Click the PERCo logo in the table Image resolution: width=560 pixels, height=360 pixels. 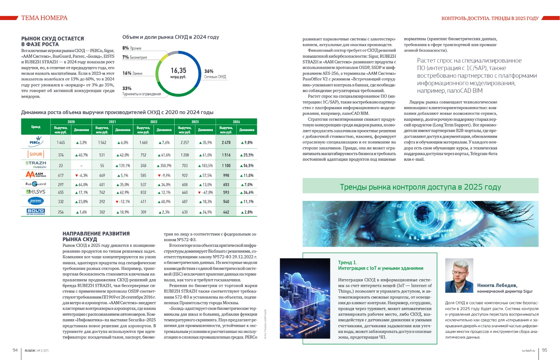[36, 141]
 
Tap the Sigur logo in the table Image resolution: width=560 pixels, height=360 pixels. [36, 154]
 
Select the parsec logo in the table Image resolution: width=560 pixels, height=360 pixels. [36, 201]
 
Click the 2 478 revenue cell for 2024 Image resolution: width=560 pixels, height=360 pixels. [226, 143]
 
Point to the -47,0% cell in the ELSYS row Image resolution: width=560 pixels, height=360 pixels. [205, 192]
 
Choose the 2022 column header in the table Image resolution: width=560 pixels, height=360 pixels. [154, 122]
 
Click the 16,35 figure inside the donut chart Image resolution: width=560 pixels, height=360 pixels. [178, 71]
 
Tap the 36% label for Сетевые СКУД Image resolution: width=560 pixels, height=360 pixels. [209, 71]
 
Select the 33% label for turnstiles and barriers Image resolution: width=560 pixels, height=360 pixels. [127, 88]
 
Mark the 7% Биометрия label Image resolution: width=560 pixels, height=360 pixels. [134, 57]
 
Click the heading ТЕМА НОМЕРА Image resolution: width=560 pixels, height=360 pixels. [44, 18]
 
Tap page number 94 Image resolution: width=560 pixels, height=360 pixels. [15, 350]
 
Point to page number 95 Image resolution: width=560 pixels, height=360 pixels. [544, 350]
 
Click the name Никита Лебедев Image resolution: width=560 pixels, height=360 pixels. [497, 285]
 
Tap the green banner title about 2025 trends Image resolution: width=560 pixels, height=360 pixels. [420, 187]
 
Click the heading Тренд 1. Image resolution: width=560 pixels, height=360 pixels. [347, 263]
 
